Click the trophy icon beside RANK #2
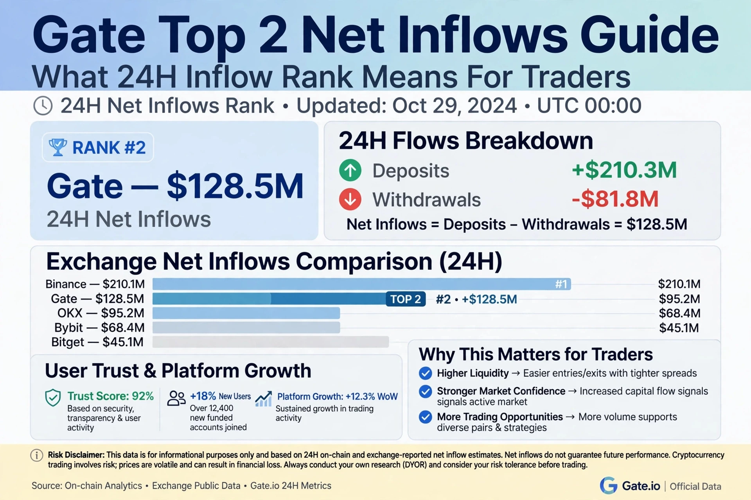(x=57, y=147)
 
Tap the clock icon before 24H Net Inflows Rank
(x=43, y=106)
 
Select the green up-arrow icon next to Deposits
(x=350, y=171)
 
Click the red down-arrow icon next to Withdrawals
(x=350, y=199)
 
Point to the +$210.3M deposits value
(x=624, y=170)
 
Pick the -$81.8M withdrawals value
(x=615, y=199)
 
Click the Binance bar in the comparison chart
(x=361, y=284)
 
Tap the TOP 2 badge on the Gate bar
(x=406, y=299)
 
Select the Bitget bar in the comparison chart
(x=270, y=342)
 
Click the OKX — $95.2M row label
(x=101, y=313)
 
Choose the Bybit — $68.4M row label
(x=99, y=327)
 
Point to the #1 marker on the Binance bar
(x=561, y=284)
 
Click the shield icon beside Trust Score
(x=53, y=398)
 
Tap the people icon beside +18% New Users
(x=176, y=398)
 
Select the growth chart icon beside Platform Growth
(x=263, y=398)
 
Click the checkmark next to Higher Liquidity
(x=425, y=373)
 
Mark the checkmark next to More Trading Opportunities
(x=425, y=417)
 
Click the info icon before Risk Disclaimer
(x=37, y=455)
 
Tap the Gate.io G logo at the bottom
(x=608, y=486)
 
